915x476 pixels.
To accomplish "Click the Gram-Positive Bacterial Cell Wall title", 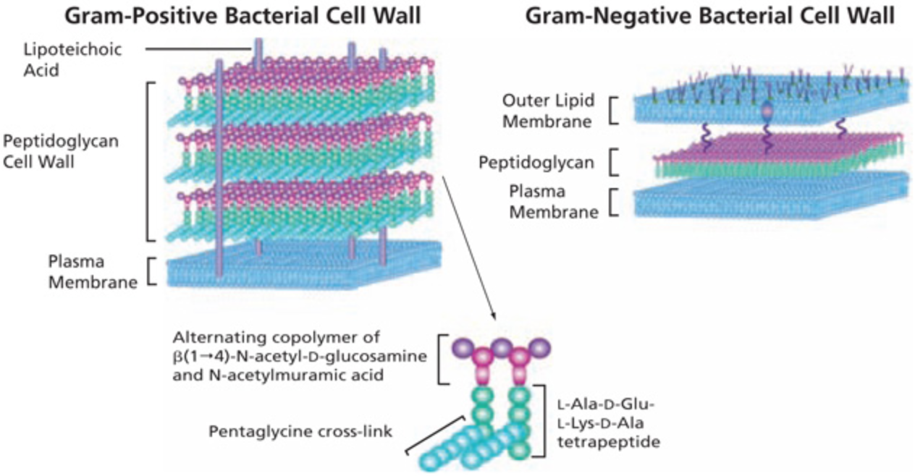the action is (x=243, y=16).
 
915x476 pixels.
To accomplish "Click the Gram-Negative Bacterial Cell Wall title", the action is (x=710, y=16).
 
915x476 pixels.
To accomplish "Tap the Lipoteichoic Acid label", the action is (x=72, y=59).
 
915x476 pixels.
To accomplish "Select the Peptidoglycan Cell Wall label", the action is (x=61, y=151).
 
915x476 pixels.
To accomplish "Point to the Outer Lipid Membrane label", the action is (x=548, y=111).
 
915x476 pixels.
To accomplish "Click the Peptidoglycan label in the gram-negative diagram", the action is (x=536, y=163).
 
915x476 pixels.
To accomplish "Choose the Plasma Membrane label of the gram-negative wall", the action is (x=554, y=202).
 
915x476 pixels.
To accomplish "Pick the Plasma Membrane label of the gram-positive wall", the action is (x=93, y=271).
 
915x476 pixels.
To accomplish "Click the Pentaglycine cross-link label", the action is (x=300, y=431).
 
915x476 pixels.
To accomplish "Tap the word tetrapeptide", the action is (x=609, y=442).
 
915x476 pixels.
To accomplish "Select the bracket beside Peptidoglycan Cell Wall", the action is (x=150, y=161).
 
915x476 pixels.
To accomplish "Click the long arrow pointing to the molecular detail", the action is (x=469, y=248).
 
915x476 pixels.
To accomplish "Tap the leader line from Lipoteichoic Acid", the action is (x=198, y=49).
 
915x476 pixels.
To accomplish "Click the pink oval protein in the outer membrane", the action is (x=767, y=111).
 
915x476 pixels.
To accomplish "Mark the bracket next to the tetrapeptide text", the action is (x=541, y=420).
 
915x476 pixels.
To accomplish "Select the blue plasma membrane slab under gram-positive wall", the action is (x=304, y=265).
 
